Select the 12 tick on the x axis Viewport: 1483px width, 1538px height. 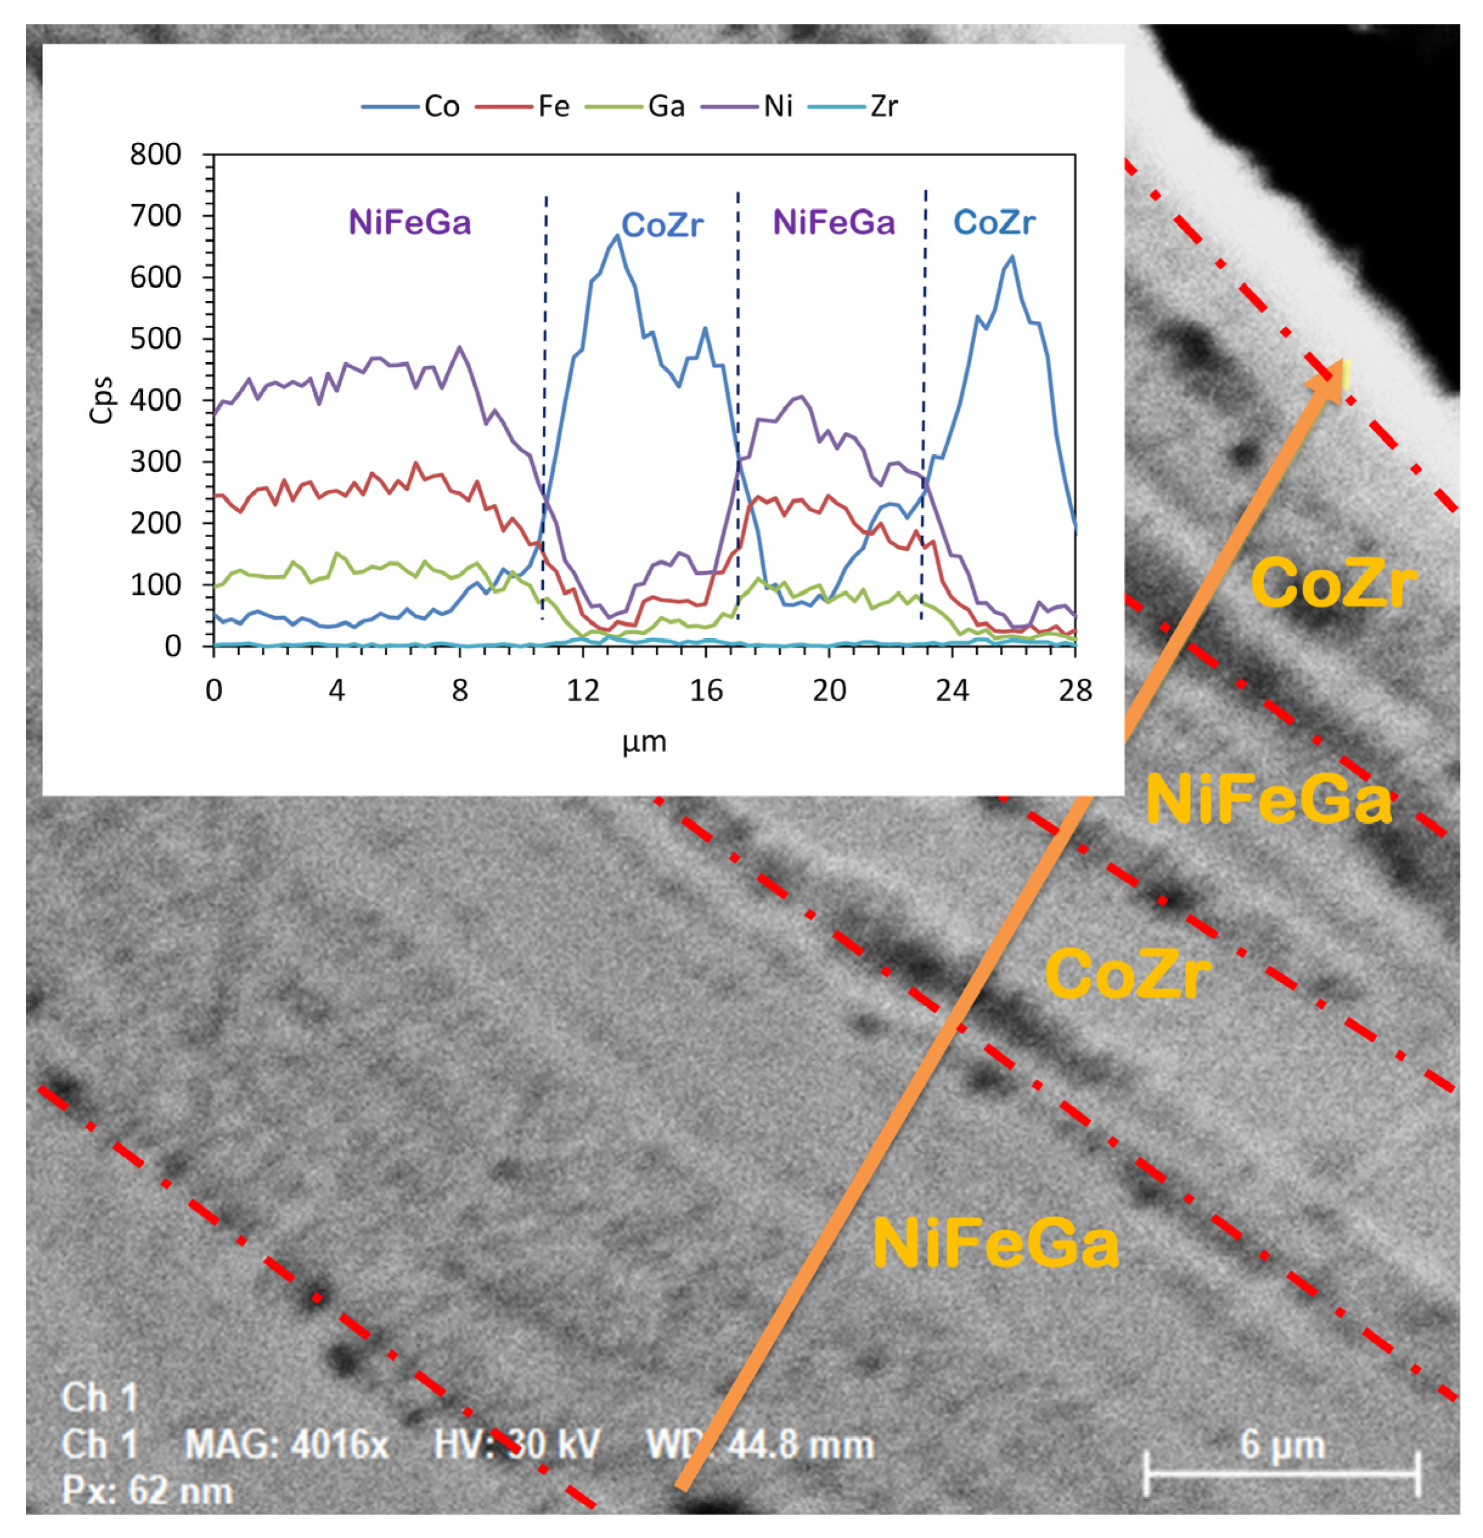tap(583, 690)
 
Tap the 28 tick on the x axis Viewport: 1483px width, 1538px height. tap(1075, 690)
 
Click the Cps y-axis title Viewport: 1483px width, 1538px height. tap(102, 400)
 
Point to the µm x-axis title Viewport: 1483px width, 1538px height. tap(644, 741)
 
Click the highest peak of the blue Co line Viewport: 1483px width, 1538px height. tap(618, 235)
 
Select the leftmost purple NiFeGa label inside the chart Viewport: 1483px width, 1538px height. tap(410, 223)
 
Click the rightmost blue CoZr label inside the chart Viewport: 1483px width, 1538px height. tap(994, 223)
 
